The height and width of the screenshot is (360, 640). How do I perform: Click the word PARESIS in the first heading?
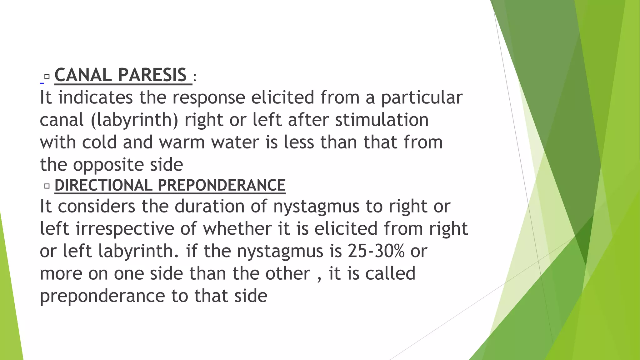[x=152, y=75]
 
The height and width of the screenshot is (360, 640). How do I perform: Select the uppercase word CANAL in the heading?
[x=83, y=75]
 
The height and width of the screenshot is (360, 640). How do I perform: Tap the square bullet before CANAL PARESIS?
[x=47, y=77]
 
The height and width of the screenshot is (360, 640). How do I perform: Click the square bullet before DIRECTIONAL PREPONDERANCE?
[x=47, y=186]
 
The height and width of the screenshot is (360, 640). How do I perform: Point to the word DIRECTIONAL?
[x=103, y=185]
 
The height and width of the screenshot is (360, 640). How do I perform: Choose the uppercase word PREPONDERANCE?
[x=222, y=185]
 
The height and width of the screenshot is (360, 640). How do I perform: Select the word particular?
[x=422, y=98]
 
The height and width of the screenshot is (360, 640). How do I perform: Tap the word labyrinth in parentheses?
[x=135, y=120]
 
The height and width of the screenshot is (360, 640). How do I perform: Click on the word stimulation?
[x=382, y=120]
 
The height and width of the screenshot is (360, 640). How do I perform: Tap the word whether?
[x=237, y=228]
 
